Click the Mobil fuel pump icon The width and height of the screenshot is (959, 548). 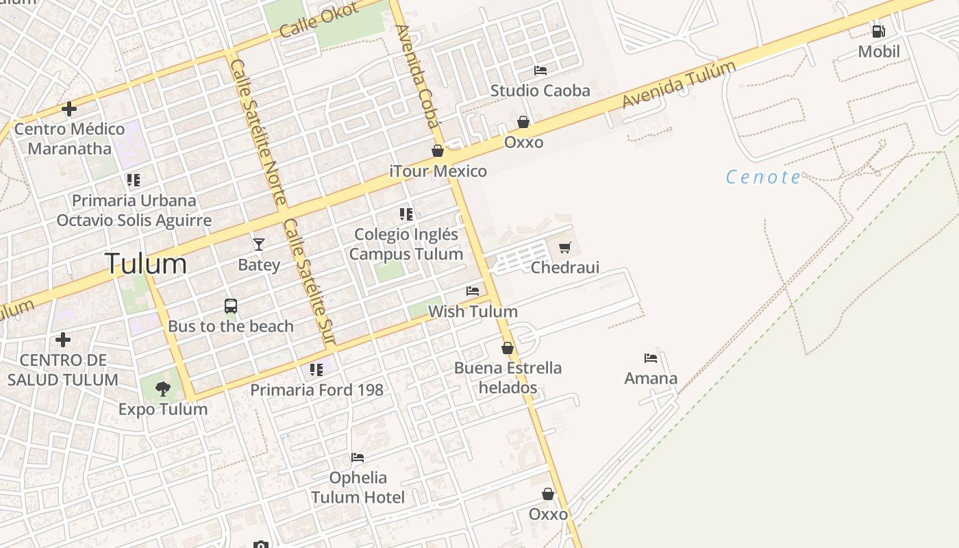coord(878,31)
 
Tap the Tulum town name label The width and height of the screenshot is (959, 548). coord(146,264)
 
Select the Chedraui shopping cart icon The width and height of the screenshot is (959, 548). coord(564,247)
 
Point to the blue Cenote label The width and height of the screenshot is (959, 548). coord(763,177)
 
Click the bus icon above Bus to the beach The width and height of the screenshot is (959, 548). coord(231,306)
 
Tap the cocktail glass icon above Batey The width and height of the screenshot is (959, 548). coord(258,244)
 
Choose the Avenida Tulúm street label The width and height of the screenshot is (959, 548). coord(678,84)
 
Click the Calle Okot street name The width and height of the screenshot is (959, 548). coord(319,20)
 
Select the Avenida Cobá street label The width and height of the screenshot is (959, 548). coord(416,77)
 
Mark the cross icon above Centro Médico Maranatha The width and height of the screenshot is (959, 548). coord(68,109)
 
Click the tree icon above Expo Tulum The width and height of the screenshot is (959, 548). coord(162,389)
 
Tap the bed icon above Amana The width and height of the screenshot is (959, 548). coord(650,358)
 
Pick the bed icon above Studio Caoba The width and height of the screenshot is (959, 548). coord(540,70)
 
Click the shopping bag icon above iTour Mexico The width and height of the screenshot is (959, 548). coord(438,151)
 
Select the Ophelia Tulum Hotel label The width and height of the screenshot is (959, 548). coord(358,487)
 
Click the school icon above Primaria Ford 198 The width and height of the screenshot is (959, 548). coord(316,370)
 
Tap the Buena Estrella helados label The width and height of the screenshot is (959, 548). coord(508,377)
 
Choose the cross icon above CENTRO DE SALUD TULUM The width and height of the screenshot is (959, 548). coord(63,340)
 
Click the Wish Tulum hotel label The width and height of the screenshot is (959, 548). coord(473,312)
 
